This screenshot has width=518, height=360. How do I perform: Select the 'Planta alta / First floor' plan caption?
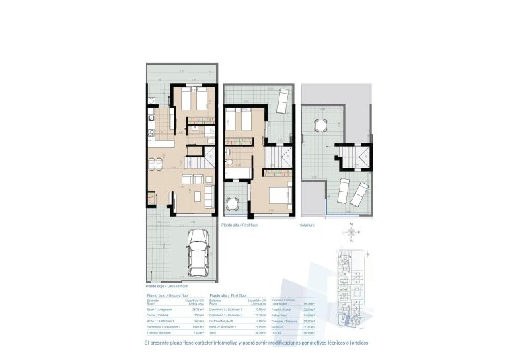click(x=239, y=227)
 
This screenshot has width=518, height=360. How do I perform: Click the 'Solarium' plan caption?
click(x=308, y=227)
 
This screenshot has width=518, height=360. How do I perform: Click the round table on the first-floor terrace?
click(x=233, y=203)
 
